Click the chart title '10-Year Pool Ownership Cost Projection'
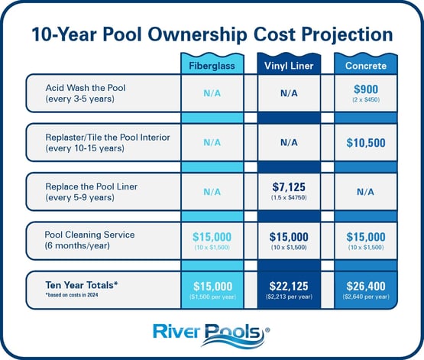pos(212,34)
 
